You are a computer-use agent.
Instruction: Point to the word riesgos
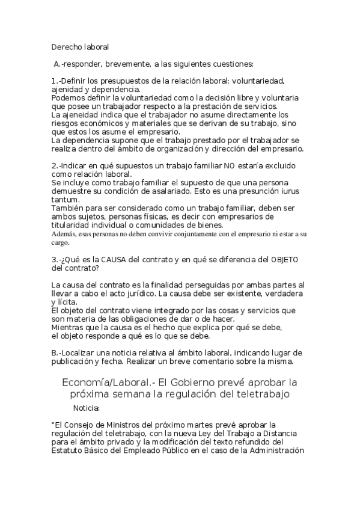[x=64, y=123]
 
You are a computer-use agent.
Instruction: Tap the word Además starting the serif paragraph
[x=65, y=235]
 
